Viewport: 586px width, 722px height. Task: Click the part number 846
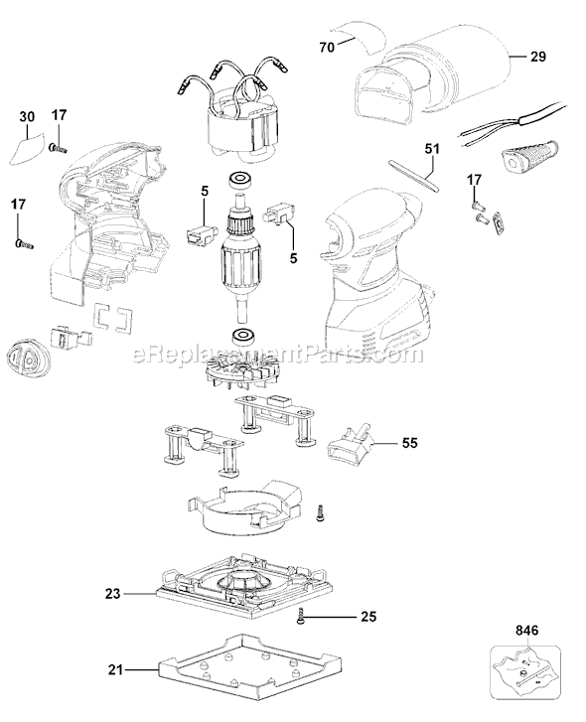pos(526,631)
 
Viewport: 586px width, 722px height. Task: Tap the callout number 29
pos(537,57)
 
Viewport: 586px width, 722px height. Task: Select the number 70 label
pos(328,47)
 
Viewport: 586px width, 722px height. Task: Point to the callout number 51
pos(432,149)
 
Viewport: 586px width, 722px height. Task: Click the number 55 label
pos(409,443)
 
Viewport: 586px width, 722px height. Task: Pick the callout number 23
pos(113,594)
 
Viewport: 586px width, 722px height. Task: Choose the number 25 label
pos(368,616)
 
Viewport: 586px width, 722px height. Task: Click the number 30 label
pos(27,116)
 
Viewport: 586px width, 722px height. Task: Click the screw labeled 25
pos(300,615)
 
